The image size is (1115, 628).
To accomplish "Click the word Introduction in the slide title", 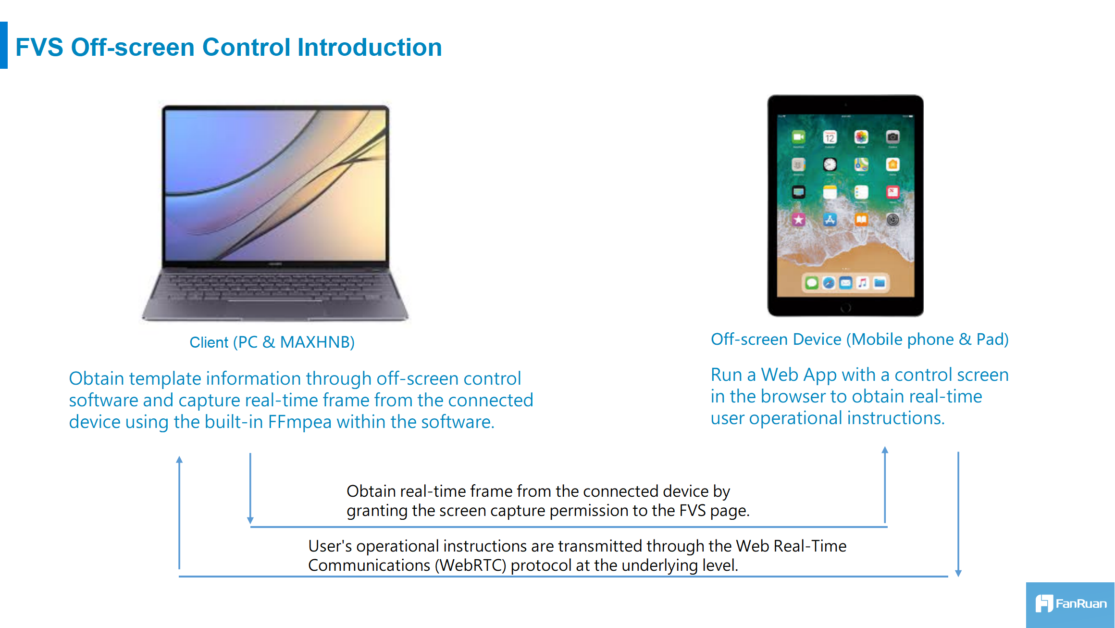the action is click(370, 47).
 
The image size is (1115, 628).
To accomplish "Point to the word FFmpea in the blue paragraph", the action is click(300, 422).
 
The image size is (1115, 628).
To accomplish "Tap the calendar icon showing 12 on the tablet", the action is click(830, 138).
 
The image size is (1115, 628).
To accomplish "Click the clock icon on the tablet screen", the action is click(830, 165).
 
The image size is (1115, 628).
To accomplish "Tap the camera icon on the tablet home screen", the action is click(892, 137).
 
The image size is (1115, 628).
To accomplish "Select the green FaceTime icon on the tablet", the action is click(799, 138).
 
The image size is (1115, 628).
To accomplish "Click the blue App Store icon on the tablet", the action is click(830, 220).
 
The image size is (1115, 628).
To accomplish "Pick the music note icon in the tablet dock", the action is click(863, 283).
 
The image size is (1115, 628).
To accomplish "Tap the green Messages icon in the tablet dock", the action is click(812, 283).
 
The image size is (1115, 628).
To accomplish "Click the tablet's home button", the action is click(845, 308).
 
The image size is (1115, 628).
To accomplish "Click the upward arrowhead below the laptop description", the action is click(179, 459).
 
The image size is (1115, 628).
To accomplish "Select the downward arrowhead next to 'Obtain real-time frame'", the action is click(250, 520).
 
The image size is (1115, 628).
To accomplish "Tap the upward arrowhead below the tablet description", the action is click(885, 450).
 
